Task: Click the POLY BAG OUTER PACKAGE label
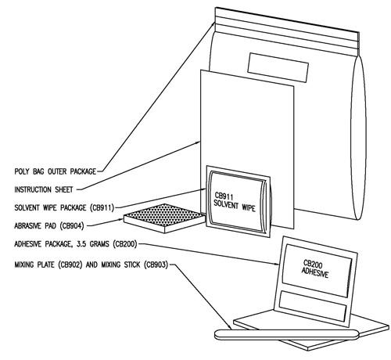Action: (x=56, y=171)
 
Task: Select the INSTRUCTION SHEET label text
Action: (x=44, y=189)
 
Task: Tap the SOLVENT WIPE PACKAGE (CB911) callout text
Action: (x=64, y=207)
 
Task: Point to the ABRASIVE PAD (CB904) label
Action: (x=49, y=225)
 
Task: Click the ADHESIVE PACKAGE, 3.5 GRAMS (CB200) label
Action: (x=76, y=244)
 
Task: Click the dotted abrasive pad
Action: (x=165, y=218)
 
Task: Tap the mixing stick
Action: (x=287, y=335)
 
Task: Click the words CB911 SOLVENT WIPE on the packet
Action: (x=234, y=202)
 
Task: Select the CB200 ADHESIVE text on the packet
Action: (x=315, y=269)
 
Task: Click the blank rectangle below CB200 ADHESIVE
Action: (x=313, y=306)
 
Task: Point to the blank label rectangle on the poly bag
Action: (x=278, y=67)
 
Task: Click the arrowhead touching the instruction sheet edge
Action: (x=197, y=142)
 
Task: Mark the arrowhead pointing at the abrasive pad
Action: (x=120, y=219)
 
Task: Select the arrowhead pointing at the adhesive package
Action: (x=276, y=264)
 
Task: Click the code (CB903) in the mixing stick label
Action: (x=156, y=265)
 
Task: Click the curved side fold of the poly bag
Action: (x=358, y=137)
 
